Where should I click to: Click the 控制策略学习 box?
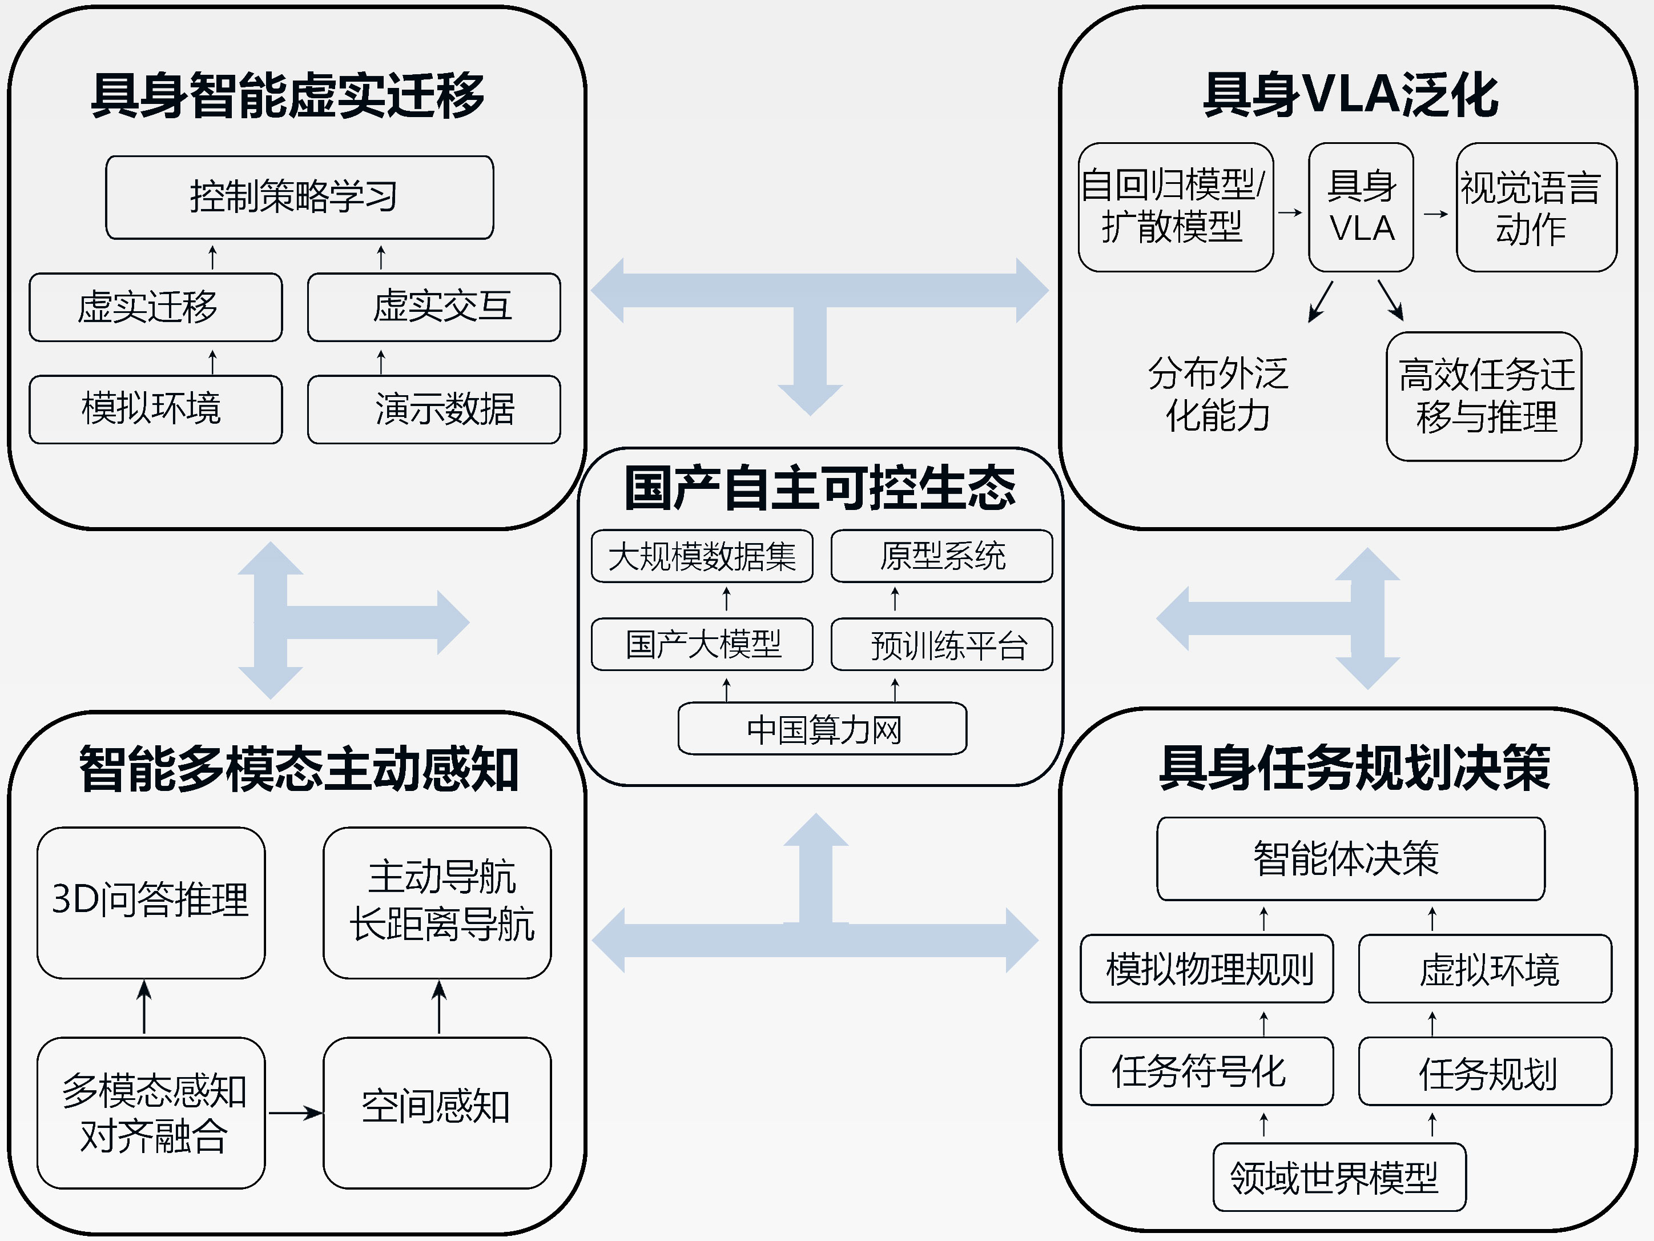299,198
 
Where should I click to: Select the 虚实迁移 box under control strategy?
155,307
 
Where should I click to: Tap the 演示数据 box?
434,409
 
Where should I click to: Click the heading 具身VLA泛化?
1350,95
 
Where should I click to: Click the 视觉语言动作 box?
1536,207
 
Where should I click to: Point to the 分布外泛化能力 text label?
1218,394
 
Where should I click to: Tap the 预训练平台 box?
941,644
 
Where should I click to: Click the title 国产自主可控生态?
820,488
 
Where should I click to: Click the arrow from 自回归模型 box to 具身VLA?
1290,212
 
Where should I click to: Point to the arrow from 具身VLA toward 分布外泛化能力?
1321,301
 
